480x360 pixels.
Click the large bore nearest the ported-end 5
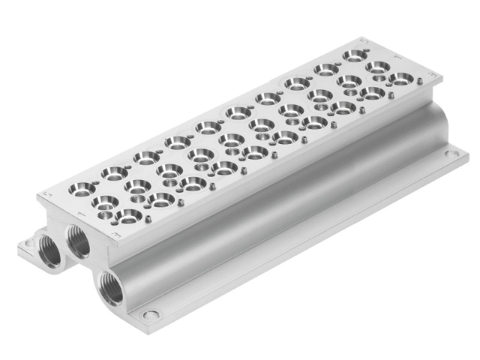point(82,188)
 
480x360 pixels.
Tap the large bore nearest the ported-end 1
point(105,202)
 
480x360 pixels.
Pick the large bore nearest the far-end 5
point(354,55)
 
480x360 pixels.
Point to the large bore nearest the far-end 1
point(376,67)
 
